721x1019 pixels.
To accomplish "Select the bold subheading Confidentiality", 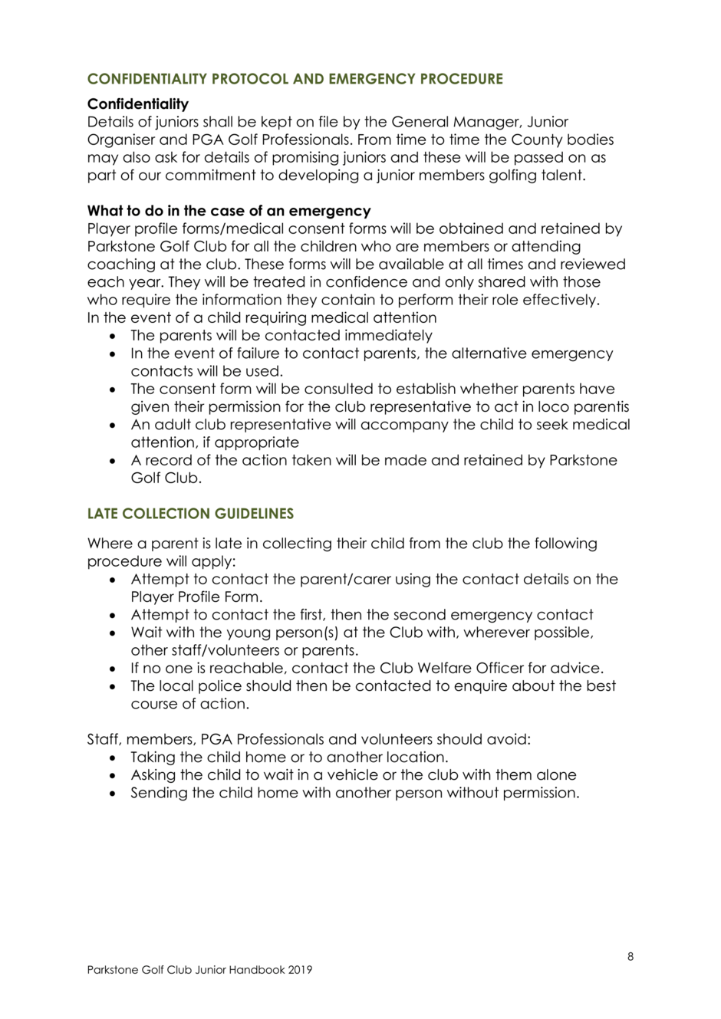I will tap(138, 104).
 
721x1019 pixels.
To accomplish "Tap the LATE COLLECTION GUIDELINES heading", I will tap(190, 514).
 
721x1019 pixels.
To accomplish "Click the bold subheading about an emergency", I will tap(229, 211).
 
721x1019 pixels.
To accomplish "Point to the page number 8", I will tap(630, 956).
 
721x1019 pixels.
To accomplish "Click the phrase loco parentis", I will tap(593, 407).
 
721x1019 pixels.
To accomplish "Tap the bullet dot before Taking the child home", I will tap(114, 758).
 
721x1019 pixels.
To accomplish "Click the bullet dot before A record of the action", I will tap(114, 462).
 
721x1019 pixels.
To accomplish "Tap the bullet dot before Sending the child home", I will tap(114, 794).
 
